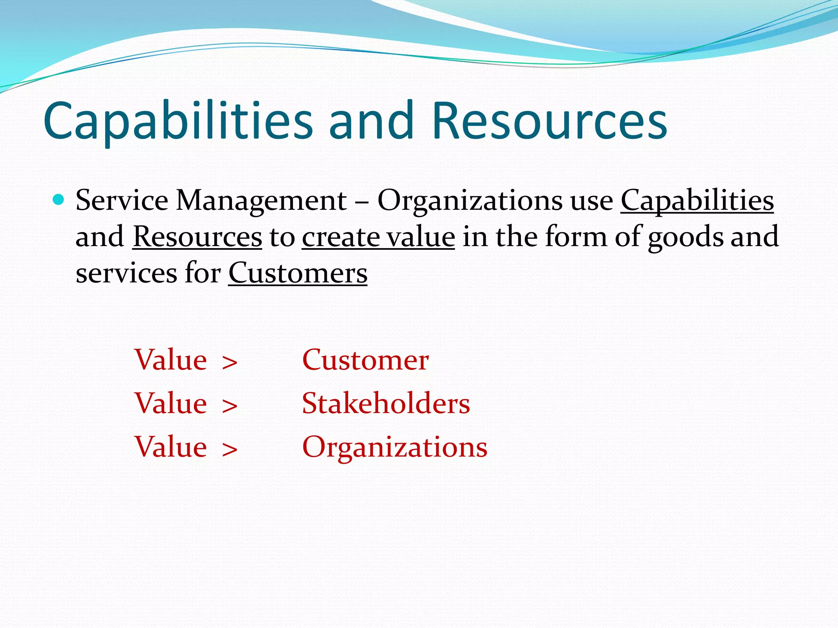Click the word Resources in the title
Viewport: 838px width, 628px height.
point(549,121)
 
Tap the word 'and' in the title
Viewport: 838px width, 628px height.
point(372,121)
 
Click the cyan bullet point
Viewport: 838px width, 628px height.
point(59,200)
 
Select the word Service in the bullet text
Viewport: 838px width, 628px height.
point(122,201)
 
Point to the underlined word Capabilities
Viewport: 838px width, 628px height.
point(697,201)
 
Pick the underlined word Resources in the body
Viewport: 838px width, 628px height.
point(197,237)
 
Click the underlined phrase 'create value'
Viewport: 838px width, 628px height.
point(378,237)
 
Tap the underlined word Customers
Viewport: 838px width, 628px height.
point(297,273)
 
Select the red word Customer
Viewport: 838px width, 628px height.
point(365,360)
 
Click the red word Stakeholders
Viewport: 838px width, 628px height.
point(386,404)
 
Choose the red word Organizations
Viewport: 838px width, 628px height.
point(394,447)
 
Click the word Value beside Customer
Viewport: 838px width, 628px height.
point(171,360)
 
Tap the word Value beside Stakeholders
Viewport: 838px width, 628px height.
point(171,404)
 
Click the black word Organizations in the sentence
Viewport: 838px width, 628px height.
point(470,201)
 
